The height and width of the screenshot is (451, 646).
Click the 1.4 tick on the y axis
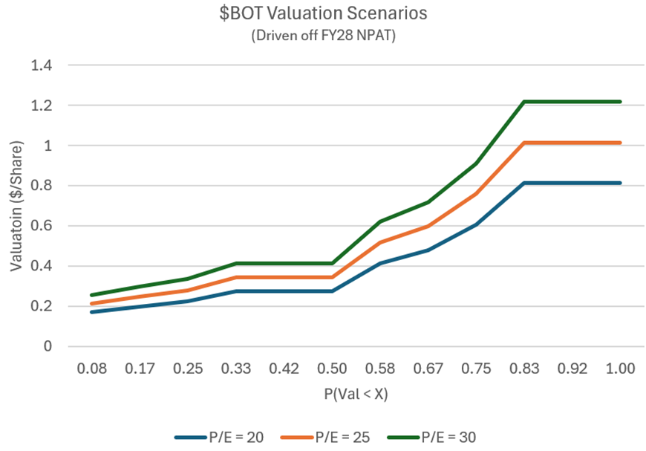point(41,65)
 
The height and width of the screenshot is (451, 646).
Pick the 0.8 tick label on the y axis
point(41,186)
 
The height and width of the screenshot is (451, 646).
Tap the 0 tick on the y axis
point(48,346)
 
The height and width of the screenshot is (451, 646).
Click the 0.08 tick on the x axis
point(91,369)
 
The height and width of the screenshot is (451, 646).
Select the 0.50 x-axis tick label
point(332,369)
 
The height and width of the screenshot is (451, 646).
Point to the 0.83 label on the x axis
point(524,369)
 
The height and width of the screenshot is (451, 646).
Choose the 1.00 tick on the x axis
point(620,369)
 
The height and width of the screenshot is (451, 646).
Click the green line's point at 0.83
point(524,102)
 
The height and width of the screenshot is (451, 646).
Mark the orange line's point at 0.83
point(524,143)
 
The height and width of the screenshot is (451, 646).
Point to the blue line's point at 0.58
point(380,263)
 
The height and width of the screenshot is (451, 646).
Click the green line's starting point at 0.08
point(91,295)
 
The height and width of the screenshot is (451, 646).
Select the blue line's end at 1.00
point(620,183)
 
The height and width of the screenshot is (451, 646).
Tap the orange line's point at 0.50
point(332,277)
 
